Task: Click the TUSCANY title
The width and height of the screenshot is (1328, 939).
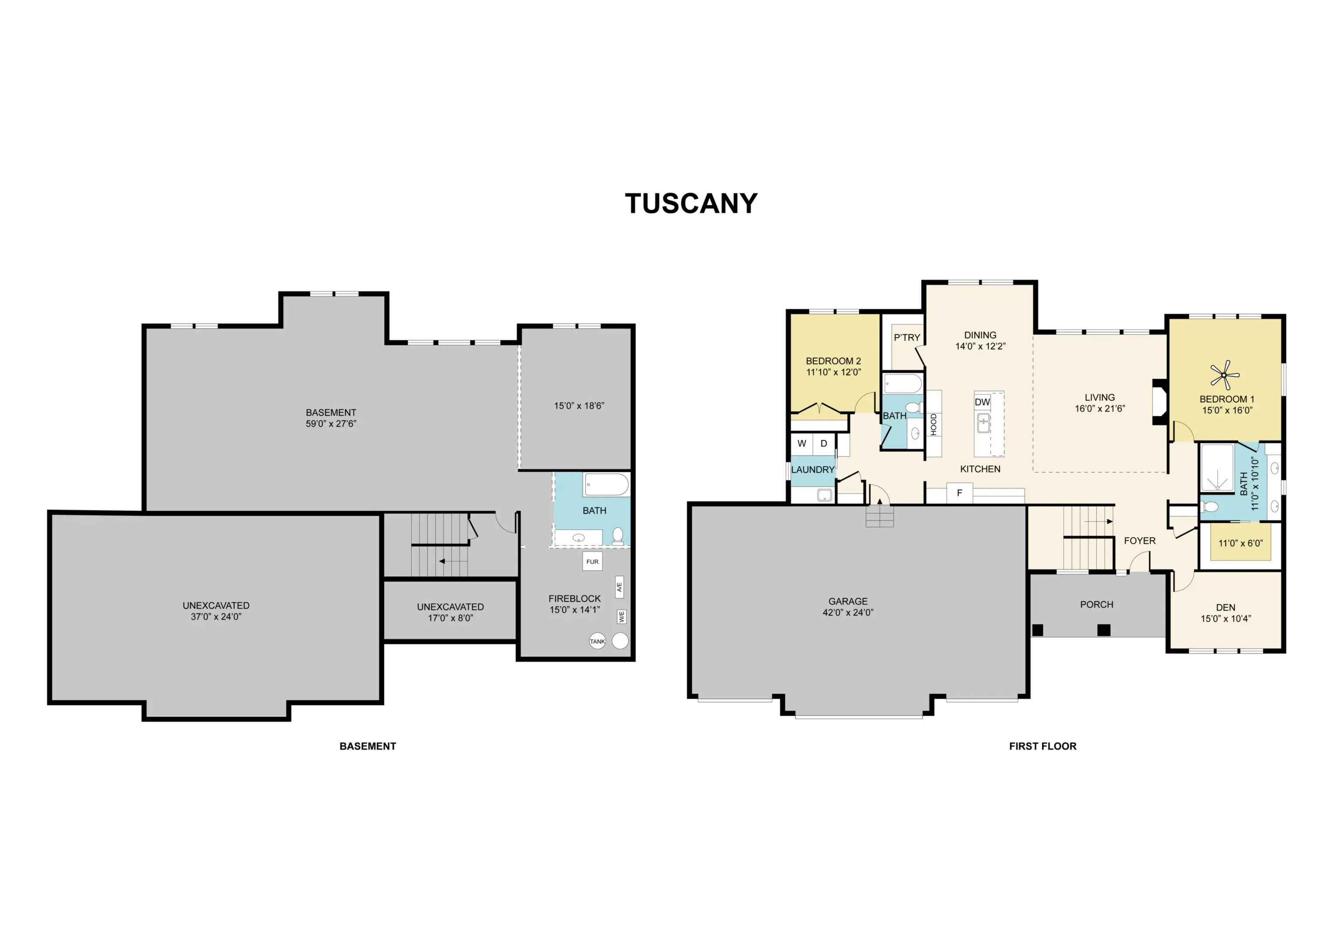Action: [x=691, y=203]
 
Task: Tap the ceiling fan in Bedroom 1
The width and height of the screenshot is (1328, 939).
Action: [x=1225, y=375]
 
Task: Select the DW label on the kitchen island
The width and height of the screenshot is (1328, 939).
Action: [x=982, y=402]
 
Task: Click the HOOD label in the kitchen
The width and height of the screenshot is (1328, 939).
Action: [x=934, y=424]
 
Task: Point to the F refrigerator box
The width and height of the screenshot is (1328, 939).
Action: [x=959, y=493]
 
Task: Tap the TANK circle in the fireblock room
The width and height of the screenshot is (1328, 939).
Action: [x=597, y=641]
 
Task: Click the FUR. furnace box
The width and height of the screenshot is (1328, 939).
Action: [x=592, y=561]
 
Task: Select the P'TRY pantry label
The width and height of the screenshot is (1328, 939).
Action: [x=906, y=337]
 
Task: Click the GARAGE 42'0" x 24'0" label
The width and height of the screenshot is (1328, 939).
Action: [x=848, y=607]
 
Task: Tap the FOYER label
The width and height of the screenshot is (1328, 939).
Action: [x=1139, y=540]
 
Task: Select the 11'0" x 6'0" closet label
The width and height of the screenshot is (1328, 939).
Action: [x=1241, y=543]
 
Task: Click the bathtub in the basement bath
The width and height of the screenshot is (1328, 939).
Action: [x=606, y=485]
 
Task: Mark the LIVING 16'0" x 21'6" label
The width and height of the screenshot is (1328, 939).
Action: [x=1099, y=403]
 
